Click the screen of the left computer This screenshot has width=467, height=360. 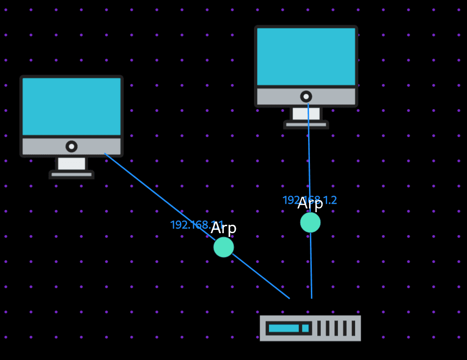coord(71,106)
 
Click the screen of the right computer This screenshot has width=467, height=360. coord(306,56)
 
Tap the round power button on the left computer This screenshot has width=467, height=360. coord(71,146)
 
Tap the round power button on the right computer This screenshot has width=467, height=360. coord(306,97)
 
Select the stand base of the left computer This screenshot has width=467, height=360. coord(71,174)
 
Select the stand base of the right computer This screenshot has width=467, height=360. coord(306,125)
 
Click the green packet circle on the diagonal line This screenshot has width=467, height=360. coord(224,247)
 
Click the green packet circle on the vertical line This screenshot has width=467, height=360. coord(310,222)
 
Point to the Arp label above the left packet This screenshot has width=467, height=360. coord(224,228)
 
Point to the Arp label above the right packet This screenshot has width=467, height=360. coord(310,204)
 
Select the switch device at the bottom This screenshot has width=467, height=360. coord(310,328)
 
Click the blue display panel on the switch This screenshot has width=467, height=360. coord(283,328)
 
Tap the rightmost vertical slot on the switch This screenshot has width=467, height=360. coord(353,328)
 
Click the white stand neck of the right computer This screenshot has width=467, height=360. coord(306,113)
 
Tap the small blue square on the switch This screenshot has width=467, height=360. coord(305,328)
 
